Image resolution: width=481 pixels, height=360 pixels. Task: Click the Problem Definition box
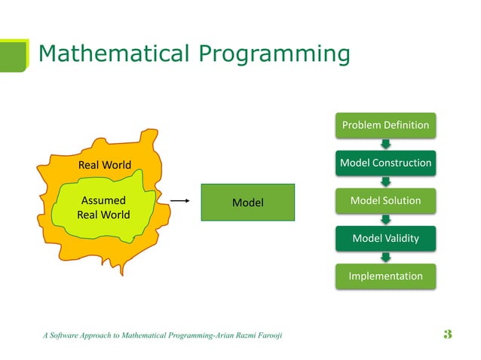pyautogui.click(x=385, y=125)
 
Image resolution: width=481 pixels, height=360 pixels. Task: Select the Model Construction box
pyautogui.click(x=385, y=163)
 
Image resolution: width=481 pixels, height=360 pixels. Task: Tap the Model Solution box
pyautogui.click(x=385, y=200)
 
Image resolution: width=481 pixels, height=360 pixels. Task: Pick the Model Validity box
pyautogui.click(x=385, y=239)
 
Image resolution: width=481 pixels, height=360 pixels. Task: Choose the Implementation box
pyautogui.click(x=385, y=276)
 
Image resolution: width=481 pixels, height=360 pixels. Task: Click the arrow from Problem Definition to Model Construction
pyautogui.click(x=386, y=144)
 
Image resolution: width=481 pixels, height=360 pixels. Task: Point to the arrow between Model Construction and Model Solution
pyautogui.click(x=386, y=182)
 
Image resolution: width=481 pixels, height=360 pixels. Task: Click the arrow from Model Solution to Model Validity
pyautogui.click(x=386, y=220)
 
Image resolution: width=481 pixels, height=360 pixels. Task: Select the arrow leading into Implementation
pyautogui.click(x=386, y=258)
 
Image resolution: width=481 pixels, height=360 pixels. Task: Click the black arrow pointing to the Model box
pyautogui.click(x=177, y=201)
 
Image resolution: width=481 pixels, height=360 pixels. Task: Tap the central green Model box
pyautogui.click(x=247, y=202)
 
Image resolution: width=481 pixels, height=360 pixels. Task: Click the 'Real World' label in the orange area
pyautogui.click(x=105, y=164)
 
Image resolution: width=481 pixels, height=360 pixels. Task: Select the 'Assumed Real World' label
pyautogui.click(x=103, y=208)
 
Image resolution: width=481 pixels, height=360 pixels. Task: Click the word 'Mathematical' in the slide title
pyautogui.click(x=112, y=54)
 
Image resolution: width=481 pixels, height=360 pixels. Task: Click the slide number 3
pyautogui.click(x=448, y=334)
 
